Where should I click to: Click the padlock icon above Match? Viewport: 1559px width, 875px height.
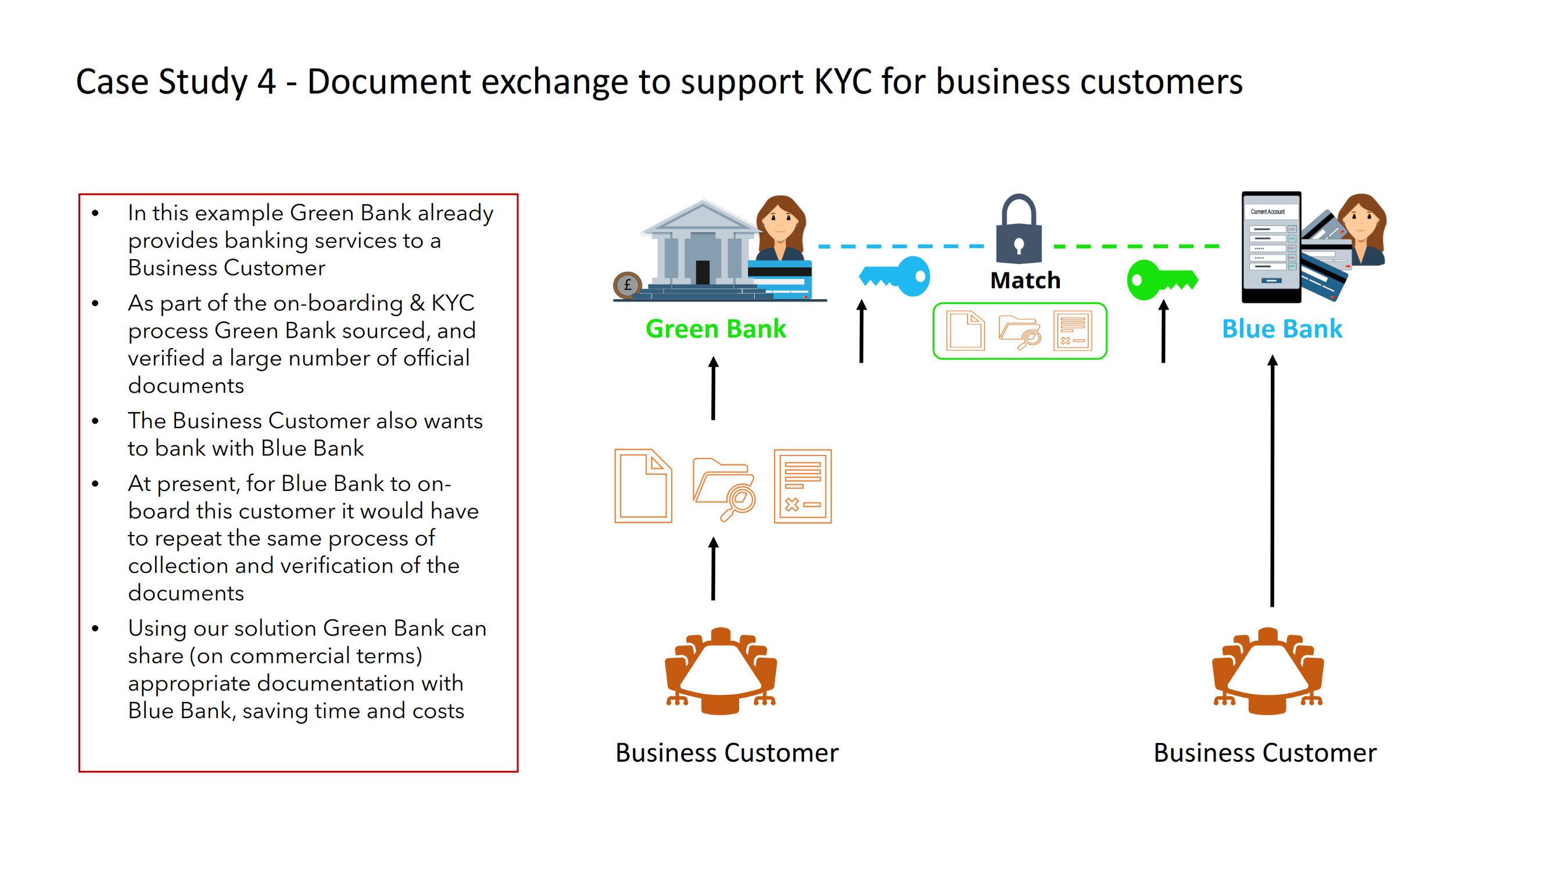[x=1019, y=230]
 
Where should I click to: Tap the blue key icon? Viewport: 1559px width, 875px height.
[x=895, y=277]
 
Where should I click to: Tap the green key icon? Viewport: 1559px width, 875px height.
[x=1161, y=279]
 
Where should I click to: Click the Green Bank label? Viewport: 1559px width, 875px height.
[x=715, y=329]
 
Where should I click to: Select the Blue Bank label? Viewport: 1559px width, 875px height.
[x=1281, y=329]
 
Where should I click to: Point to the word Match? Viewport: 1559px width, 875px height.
[x=1024, y=280]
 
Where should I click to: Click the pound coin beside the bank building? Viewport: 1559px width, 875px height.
[x=628, y=285]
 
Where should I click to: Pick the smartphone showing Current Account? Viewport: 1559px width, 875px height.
[x=1271, y=247]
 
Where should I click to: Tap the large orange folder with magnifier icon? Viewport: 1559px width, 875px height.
[x=724, y=487]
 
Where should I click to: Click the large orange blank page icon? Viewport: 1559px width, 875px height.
[x=643, y=485]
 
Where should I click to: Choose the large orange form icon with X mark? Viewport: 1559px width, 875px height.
[x=802, y=486]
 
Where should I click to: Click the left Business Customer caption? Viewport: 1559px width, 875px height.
[x=726, y=752]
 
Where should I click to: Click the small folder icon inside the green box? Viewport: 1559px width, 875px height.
[x=1019, y=332]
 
